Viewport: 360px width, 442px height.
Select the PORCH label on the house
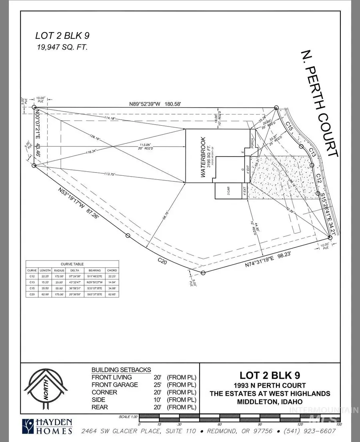point(252,139)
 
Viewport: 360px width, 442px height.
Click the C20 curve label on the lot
point(162,261)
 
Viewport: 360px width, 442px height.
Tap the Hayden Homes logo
point(47,426)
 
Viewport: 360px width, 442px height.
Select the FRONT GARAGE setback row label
point(115,385)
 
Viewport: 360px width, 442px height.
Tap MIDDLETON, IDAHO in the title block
point(270,402)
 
